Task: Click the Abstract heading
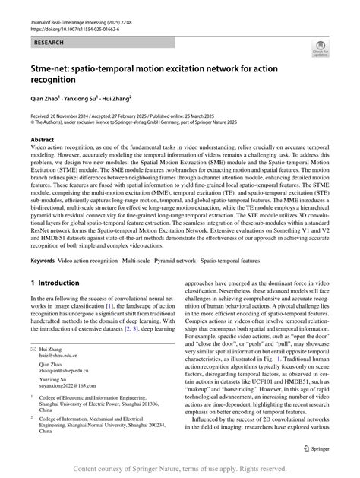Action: [43, 141]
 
